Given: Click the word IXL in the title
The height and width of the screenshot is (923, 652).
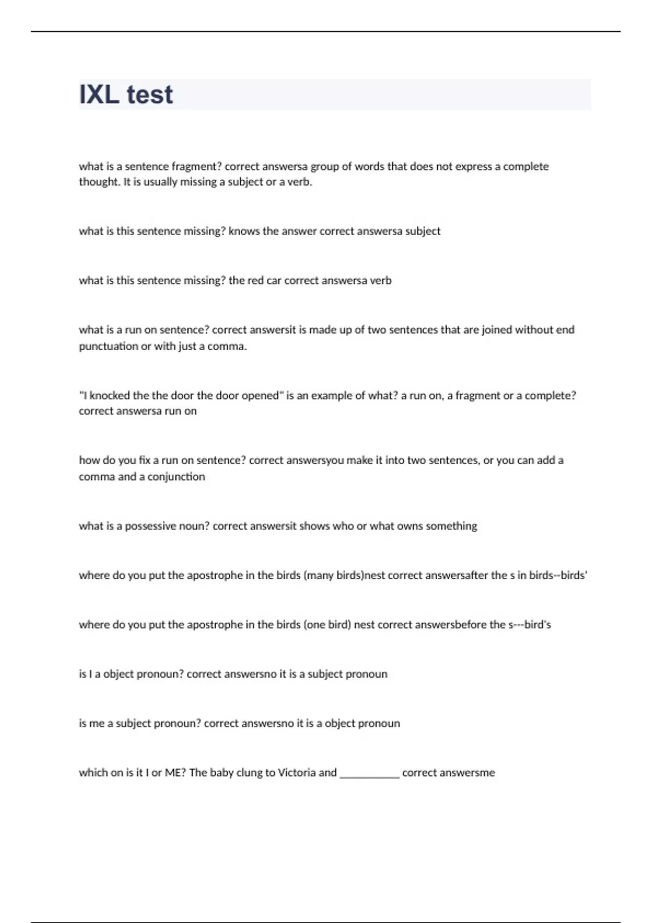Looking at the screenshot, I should tap(99, 94).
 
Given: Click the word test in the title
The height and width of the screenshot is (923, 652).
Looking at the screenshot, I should tap(149, 94).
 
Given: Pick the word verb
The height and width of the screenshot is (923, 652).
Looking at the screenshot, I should tap(380, 280).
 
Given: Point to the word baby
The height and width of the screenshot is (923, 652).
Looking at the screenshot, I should tap(221, 773).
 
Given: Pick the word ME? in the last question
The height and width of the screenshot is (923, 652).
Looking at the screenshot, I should tap(175, 773).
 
